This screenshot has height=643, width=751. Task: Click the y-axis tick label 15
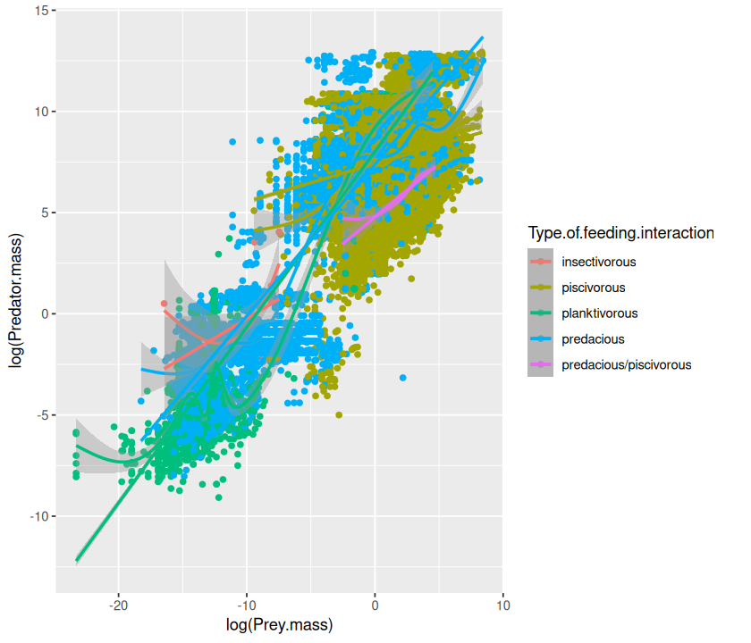42,11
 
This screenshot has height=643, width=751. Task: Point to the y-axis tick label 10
42,112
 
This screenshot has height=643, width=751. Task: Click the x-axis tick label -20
119,604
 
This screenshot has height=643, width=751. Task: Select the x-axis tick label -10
247,604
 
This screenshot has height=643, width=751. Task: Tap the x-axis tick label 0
375,604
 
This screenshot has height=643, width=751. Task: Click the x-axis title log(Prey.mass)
279,624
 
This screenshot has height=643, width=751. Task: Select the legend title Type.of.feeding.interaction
620,234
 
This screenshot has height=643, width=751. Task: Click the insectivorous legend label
599,263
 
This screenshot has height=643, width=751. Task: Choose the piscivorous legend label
594,288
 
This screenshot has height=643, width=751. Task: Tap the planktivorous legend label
600,313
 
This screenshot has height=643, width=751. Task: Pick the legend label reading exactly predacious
593,339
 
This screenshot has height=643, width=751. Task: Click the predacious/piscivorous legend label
626,364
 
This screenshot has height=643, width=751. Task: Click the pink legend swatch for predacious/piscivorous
540,364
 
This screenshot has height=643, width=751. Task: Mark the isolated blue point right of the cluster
403,378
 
